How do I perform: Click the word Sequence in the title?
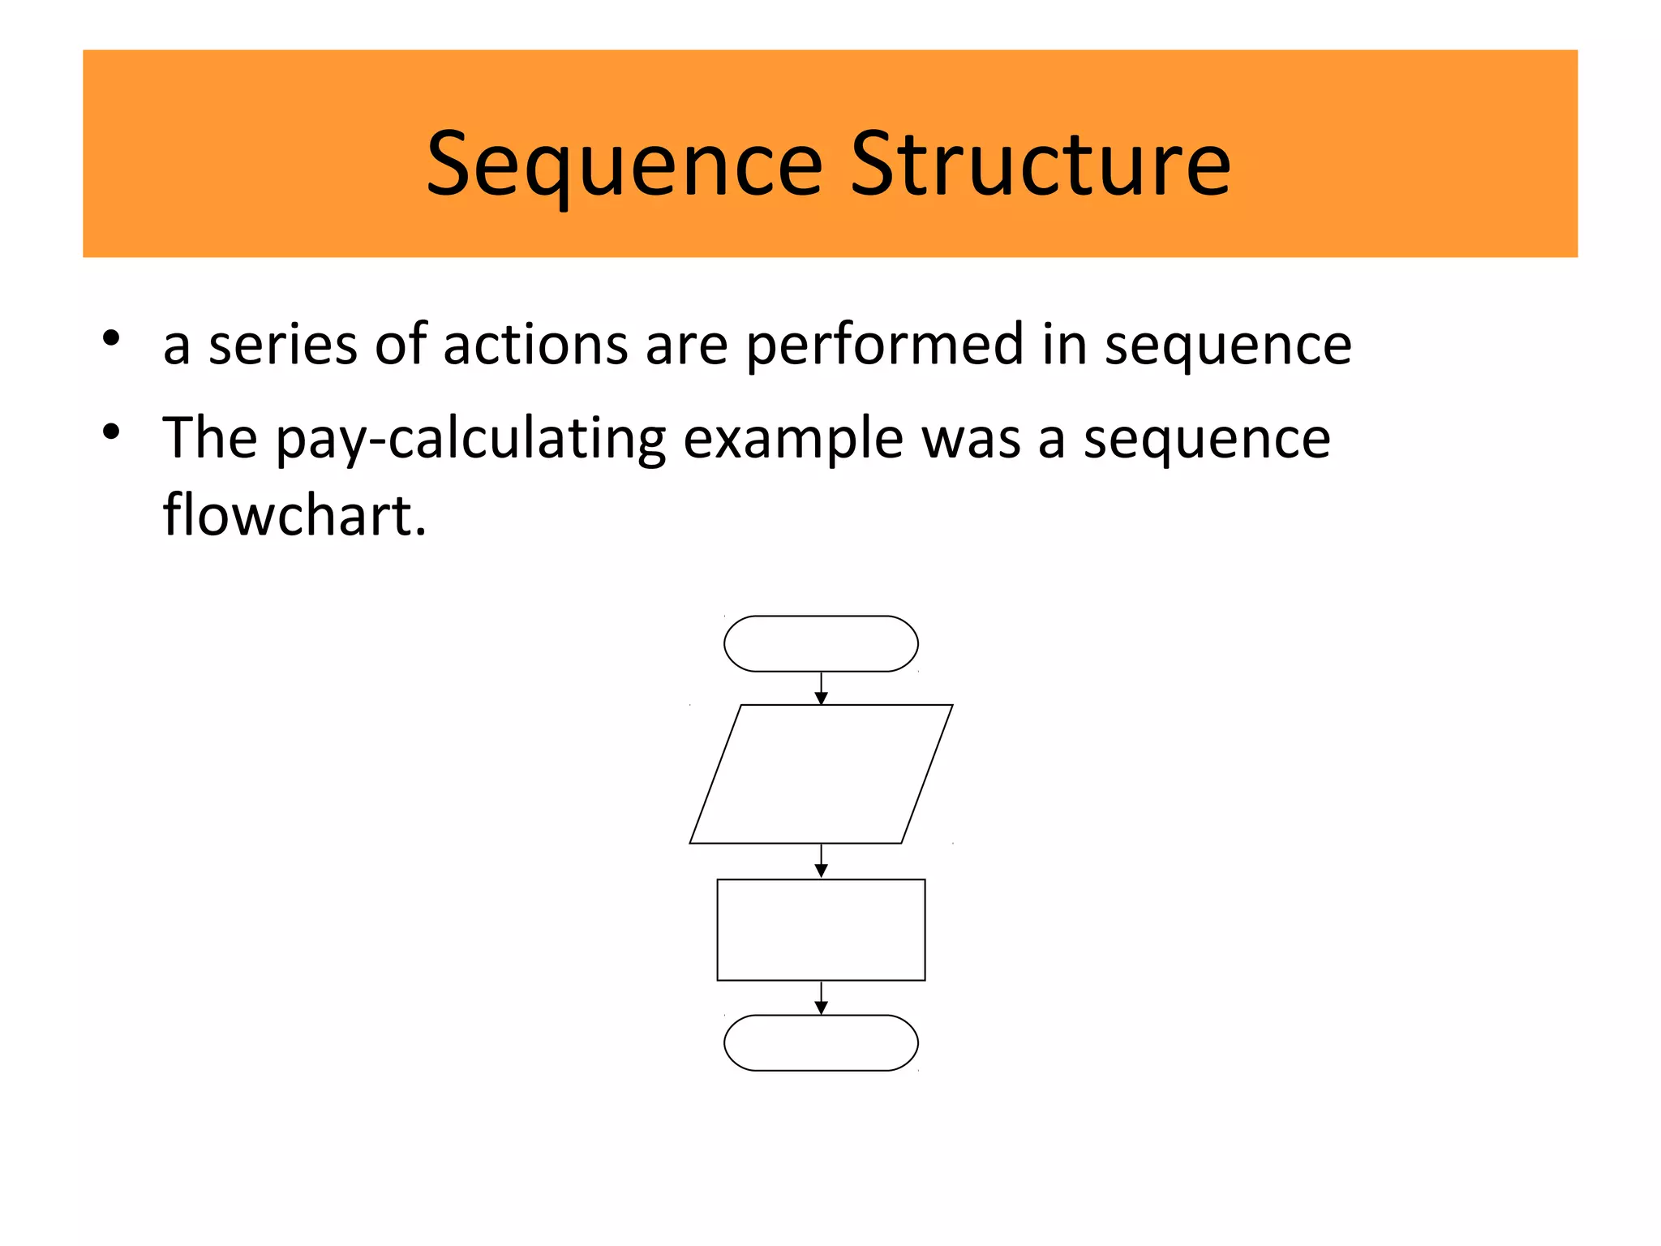tap(624, 166)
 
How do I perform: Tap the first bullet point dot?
tap(112, 337)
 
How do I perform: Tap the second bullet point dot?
tap(112, 431)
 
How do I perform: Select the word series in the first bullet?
tap(282, 344)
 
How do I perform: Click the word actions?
tap(535, 344)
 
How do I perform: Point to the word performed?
tap(885, 346)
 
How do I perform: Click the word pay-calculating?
tap(470, 440)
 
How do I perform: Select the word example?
tap(793, 440)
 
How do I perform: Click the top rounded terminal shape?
tap(821, 644)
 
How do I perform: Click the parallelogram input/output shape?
tap(821, 774)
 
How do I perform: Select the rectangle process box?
tap(821, 930)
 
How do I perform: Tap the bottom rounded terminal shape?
tap(821, 1042)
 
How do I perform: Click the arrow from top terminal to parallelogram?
tap(821, 689)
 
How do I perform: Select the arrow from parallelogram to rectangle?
tap(821, 861)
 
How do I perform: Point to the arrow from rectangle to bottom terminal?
tap(821, 998)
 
